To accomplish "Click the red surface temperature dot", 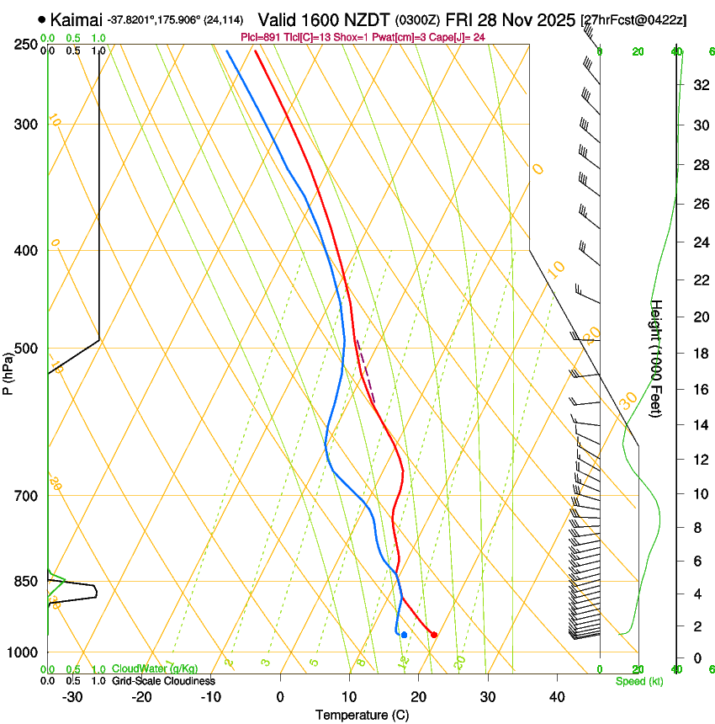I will point(434,635).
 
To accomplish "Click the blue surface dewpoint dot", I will point(405,635).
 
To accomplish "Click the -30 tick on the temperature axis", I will point(72,696).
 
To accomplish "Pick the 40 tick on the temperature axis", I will point(557,696).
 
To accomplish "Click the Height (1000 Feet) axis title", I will point(657,359).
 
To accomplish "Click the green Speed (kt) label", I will point(638,681).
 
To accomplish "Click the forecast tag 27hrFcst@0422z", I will point(633,19).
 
